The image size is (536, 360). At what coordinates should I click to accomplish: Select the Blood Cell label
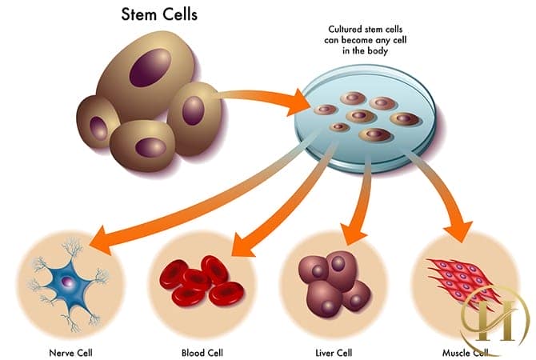click(x=202, y=350)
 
